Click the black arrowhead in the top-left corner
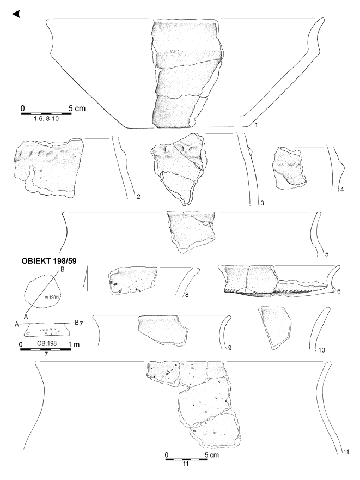pyautogui.click(x=16, y=14)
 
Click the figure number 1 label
pyautogui.click(x=256, y=125)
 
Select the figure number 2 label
pyautogui.click(x=138, y=197)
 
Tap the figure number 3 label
pyautogui.click(x=262, y=203)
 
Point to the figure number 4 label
pyautogui.click(x=342, y=190)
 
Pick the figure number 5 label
pyautogui.click(x=327, y=254)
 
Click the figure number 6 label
pyautogui.click(x=339, y=291)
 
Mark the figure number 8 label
pyautogui.click(x=187, y=295)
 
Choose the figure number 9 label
pyautogui.click(x=230, y=348)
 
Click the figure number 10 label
pyautogui.click(x=321, y=350)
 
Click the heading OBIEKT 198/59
pyautogui.click(x=49, y=261)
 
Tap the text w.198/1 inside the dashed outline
pyautogui.click(x=52, y=296)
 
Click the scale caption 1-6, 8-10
pyautogui.click(x=46, y=119)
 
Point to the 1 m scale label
pyautogui.click(x=74, y=344)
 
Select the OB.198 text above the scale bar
pyautogui.click(x=47, y=343)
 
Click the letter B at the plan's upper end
pyautogui.click(x=62, y=269)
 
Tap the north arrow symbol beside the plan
pyautogui.click(x=87, y=278)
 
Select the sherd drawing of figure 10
pyautogui.click(x=275, y=328)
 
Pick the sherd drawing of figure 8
pyautogui.click(x=133, y=281)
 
